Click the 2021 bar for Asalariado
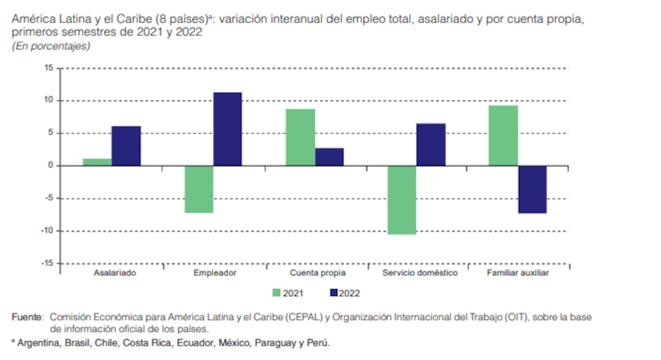[97, 162]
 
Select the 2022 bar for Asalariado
[126, 146]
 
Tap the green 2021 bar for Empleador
[198, 189]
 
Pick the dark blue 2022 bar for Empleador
[227, 129]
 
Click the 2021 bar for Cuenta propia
[300, 137]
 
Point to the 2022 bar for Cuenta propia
[329, 157]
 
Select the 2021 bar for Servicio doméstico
[401, 199]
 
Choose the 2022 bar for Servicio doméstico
[430, 144]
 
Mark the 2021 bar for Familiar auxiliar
[503, 135]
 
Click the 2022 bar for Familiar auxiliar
[532, 189]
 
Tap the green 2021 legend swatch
[277, 293]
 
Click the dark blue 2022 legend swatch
[333, 293]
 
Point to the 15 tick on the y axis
[48, 68]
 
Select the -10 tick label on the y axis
[46, 231]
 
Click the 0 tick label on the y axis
[50, 166]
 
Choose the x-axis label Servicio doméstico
[420, 273]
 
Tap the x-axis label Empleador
[215, 273]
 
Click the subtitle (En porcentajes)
[51, 46]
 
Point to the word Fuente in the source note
[26, 317]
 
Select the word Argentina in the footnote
[36, 343]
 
